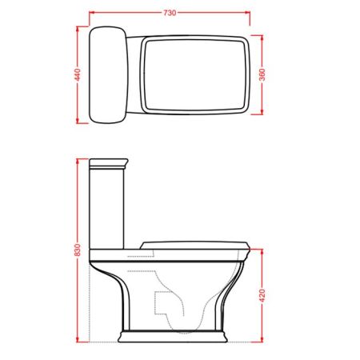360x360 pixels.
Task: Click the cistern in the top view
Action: point(109,75)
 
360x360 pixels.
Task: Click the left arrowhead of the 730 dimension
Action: point(90,14)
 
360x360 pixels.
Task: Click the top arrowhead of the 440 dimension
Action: point(78,28)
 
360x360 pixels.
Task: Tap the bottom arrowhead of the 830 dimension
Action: point(78,337)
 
